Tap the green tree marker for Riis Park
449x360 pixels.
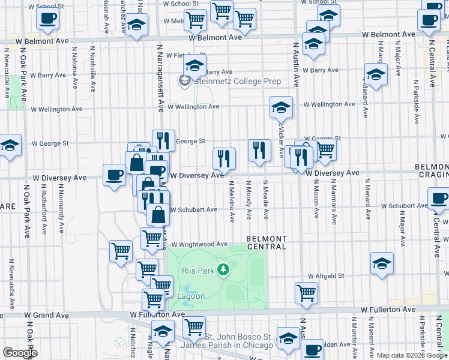(223, 270)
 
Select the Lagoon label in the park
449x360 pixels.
(190, 296)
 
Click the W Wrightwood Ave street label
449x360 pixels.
(199, 244)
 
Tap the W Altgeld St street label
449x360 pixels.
(325, 276)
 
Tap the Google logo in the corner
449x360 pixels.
(20, 353)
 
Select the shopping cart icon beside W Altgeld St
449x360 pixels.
(306, 293)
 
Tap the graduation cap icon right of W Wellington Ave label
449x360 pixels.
(280, 107)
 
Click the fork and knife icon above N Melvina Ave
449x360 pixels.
(224, 159)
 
